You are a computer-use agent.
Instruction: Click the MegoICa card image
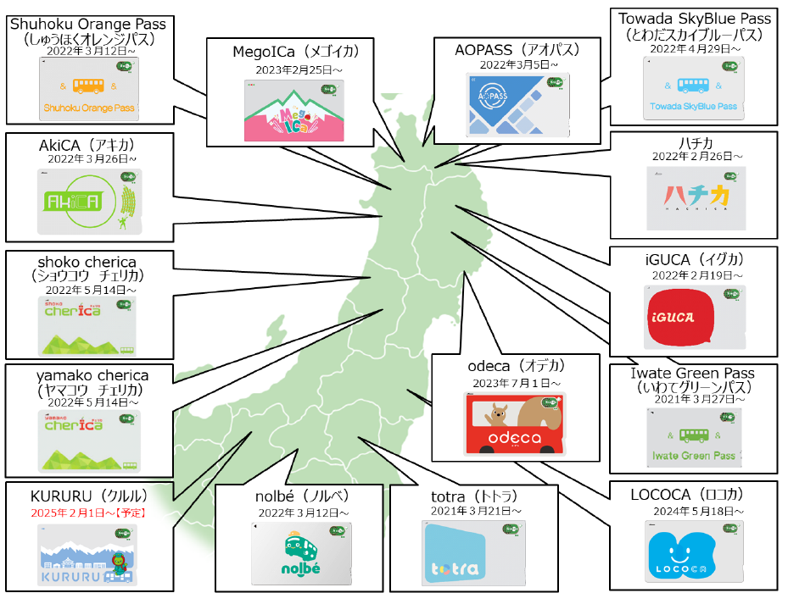click(293, 111)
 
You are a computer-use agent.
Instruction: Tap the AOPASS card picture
click(517, 105)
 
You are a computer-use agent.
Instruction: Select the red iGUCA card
click(695, 316)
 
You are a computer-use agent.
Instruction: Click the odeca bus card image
click(515, 424)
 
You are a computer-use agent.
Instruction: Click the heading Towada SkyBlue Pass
click(695, 19)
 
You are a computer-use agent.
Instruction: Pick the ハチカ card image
click(695, 197)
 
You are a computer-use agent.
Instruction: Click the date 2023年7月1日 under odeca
click(515, 383)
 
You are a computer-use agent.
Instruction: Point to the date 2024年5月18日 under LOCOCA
click(694, 512)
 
